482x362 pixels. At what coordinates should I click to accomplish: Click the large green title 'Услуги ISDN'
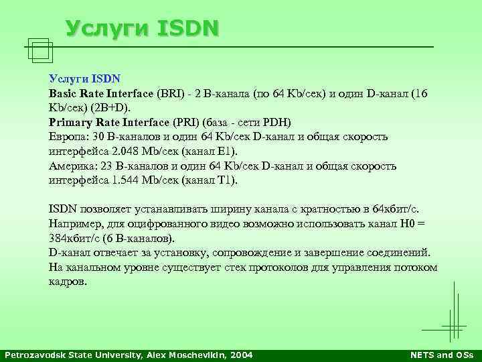(142, 27)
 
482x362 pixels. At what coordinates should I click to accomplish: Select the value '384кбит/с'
(73, 239)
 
